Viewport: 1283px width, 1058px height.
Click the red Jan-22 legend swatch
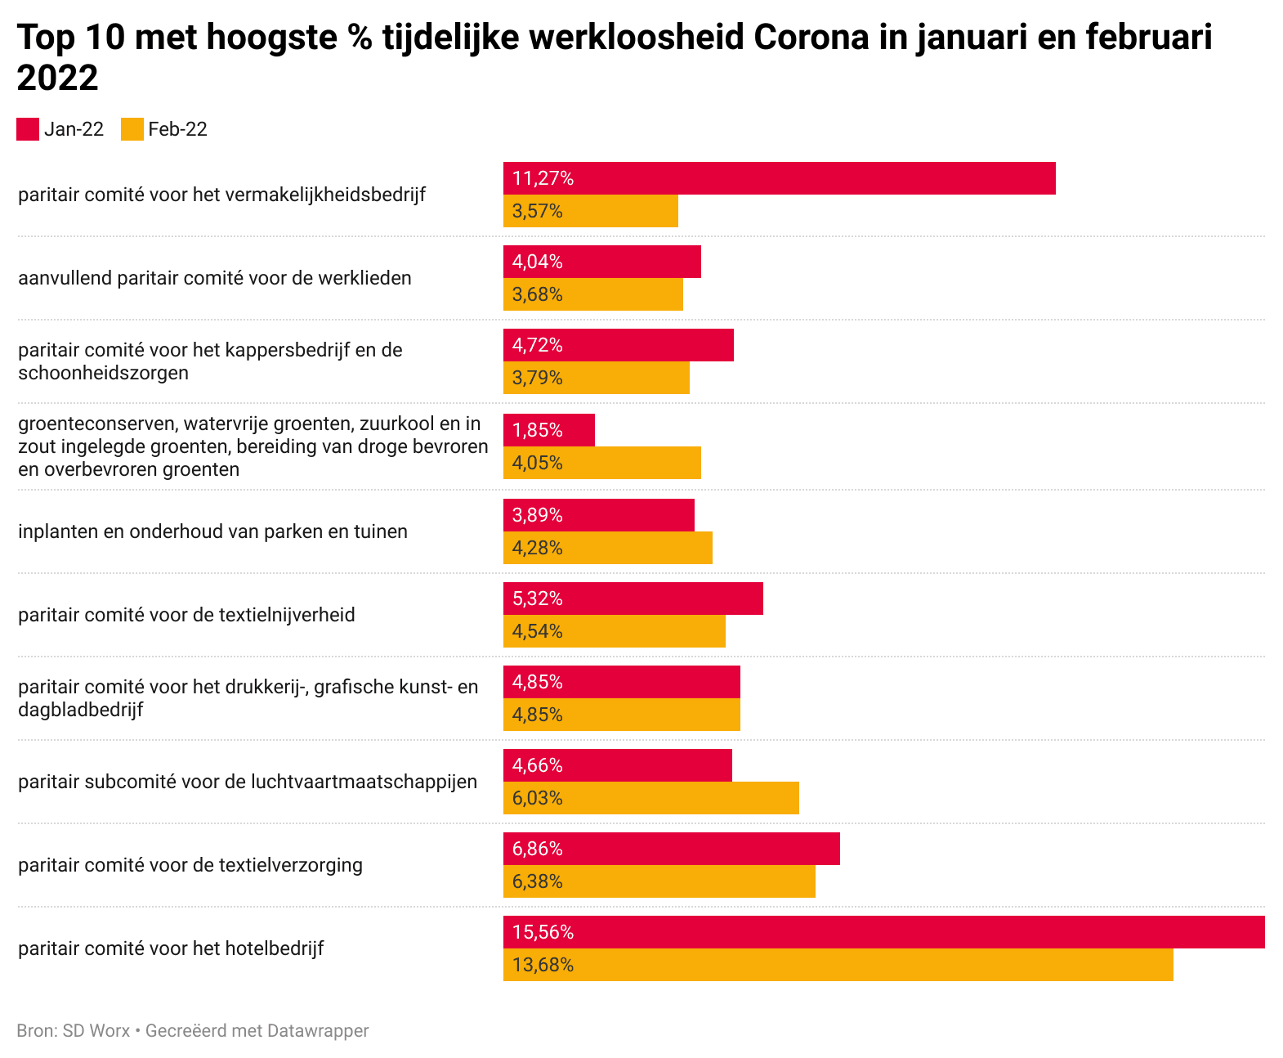pos(28,129)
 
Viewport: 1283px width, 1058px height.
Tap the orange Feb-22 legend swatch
pos(132,129)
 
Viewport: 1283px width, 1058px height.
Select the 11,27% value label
pos(543,178)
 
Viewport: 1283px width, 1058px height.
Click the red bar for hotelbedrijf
pos(883,932)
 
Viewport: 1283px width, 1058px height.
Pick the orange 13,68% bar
pos(838,965)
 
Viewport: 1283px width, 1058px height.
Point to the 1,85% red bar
pos(548,430)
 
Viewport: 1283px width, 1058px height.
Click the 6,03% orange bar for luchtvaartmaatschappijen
pos(650,798)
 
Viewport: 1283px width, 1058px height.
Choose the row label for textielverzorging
pos(190,865)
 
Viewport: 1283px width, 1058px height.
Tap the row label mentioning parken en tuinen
pos(212,531)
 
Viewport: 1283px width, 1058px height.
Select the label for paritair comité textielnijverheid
pos(186,615)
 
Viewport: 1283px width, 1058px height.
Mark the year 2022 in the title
pos(57,78)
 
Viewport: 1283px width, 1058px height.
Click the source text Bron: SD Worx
pos(73,1031)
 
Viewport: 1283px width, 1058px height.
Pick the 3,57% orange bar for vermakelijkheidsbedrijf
pos(590,211)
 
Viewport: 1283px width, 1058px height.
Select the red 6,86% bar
pos(671,849)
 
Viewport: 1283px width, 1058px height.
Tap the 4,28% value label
pos(537,548)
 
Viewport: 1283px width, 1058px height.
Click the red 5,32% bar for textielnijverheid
pos(633,598)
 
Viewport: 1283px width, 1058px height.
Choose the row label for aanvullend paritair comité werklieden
pos(215,278)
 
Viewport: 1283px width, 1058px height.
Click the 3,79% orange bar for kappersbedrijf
pos(596,378)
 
